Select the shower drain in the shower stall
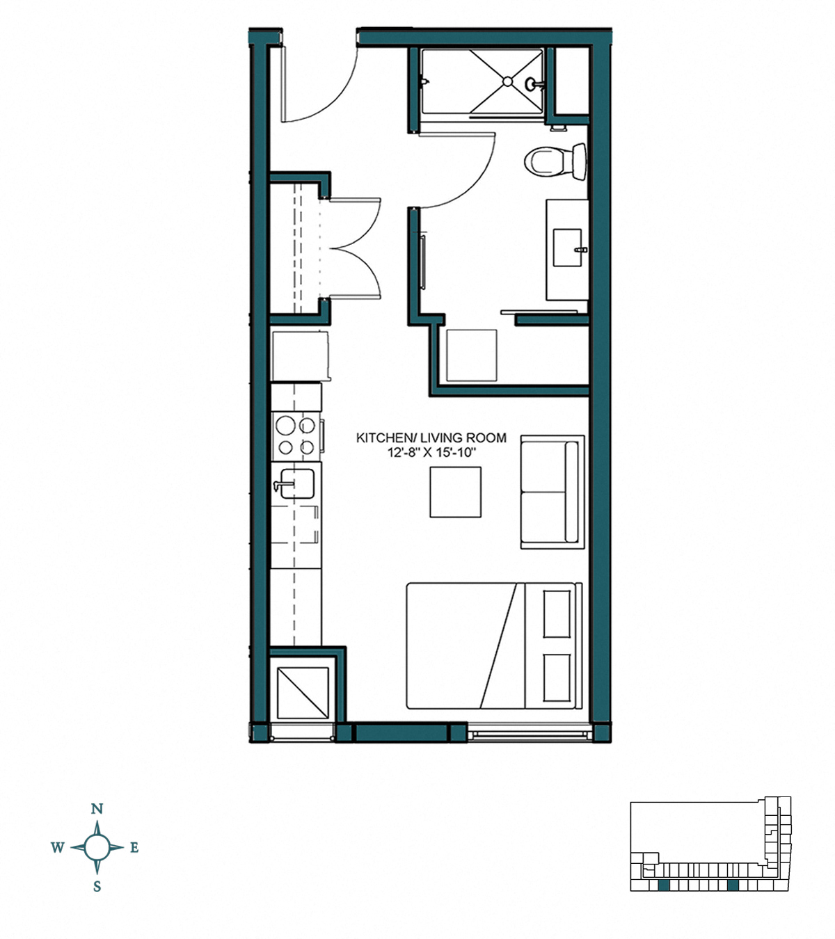507,81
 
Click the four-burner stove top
295,435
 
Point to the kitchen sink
296,483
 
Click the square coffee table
455,492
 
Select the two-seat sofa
552,492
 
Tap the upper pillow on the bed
557,613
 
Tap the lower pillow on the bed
557,677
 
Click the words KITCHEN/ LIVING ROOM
431,438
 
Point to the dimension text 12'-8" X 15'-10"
431,452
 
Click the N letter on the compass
97,809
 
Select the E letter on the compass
134,847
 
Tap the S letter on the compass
97,887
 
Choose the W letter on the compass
58,847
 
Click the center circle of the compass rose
97,847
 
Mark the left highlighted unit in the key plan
664,885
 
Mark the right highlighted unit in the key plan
732,885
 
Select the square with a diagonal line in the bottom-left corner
303,693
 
